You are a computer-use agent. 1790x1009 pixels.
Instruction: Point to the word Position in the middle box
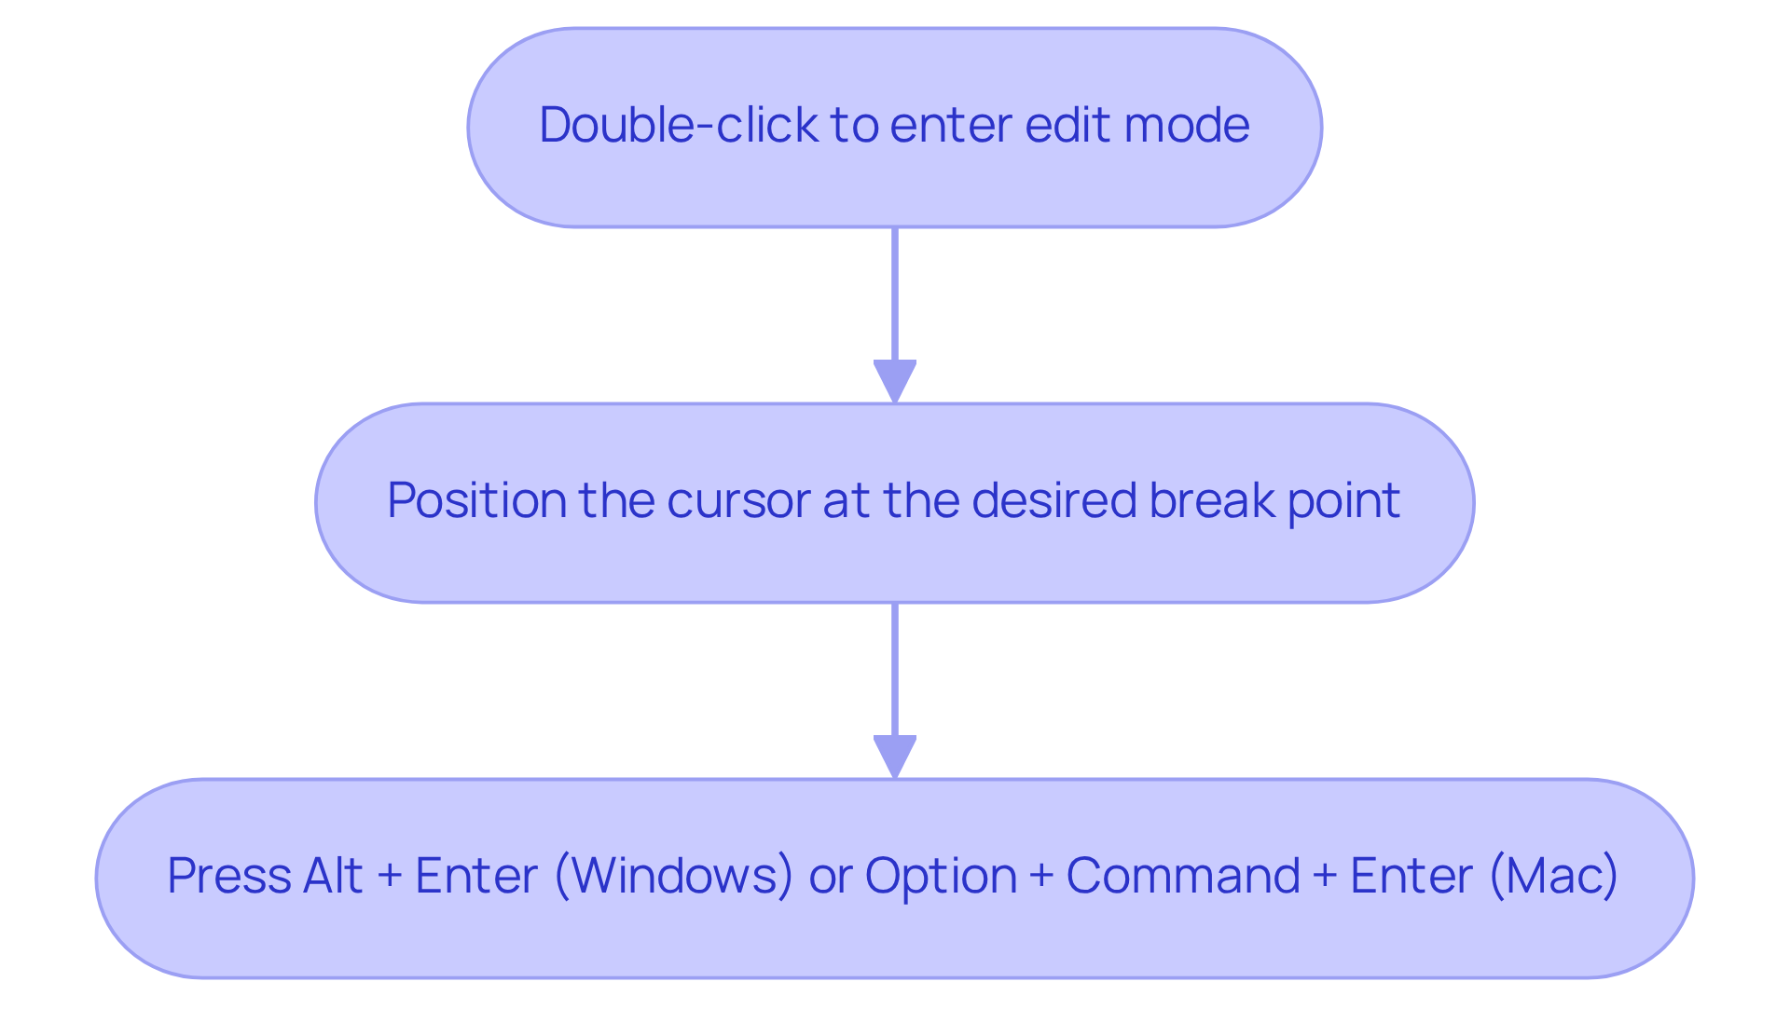(x=475, y=500)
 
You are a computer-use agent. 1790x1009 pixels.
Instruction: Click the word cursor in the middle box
(x=737, y=500)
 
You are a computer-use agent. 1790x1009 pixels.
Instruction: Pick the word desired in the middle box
(x=1053, y=500)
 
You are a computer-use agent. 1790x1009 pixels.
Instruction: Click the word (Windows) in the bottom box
(x=674, y=877)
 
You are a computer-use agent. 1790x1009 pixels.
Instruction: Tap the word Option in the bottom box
(x=941, y=878)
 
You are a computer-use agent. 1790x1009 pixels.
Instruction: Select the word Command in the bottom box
(x=1182, y=877)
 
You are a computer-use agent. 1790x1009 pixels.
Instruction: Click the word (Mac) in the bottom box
(x=1553, y=877)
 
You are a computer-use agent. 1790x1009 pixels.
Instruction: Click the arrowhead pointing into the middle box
(x=895, y=381)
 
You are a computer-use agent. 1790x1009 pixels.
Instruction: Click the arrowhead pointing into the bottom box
(x=895, y=757)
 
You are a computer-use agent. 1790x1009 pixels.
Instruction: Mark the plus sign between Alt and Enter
(x=389, y=878)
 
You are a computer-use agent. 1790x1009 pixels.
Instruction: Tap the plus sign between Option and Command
(x=1041, y=878)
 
